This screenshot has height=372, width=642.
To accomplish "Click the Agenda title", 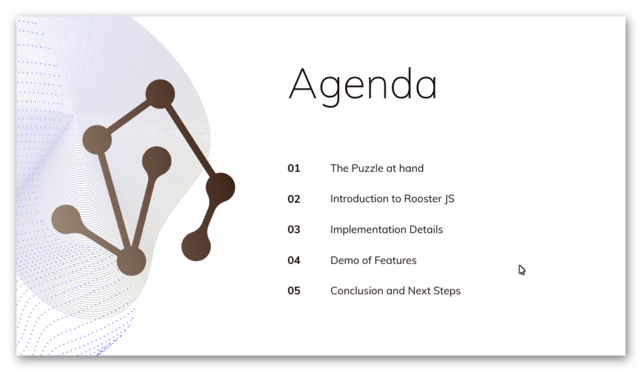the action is [363, 85].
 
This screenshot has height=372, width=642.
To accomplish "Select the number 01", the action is [293, 168].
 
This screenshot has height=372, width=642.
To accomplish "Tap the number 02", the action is [293, 199].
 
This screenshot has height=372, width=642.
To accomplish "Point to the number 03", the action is [293, 230].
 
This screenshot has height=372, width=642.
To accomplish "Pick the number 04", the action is [293, 260].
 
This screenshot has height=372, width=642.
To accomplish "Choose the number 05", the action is [293, 291].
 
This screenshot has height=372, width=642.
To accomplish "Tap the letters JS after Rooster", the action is [450, 199].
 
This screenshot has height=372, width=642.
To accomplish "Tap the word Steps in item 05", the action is [447, 291].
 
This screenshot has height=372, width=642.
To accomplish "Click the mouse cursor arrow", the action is [522, 270].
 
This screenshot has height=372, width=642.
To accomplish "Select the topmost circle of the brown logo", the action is [160, 94].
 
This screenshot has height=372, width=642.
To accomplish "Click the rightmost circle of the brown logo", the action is [220, 188].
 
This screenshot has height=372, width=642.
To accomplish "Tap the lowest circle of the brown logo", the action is [132, 261].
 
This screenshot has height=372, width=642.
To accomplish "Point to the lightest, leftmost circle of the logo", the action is [66, 220].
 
